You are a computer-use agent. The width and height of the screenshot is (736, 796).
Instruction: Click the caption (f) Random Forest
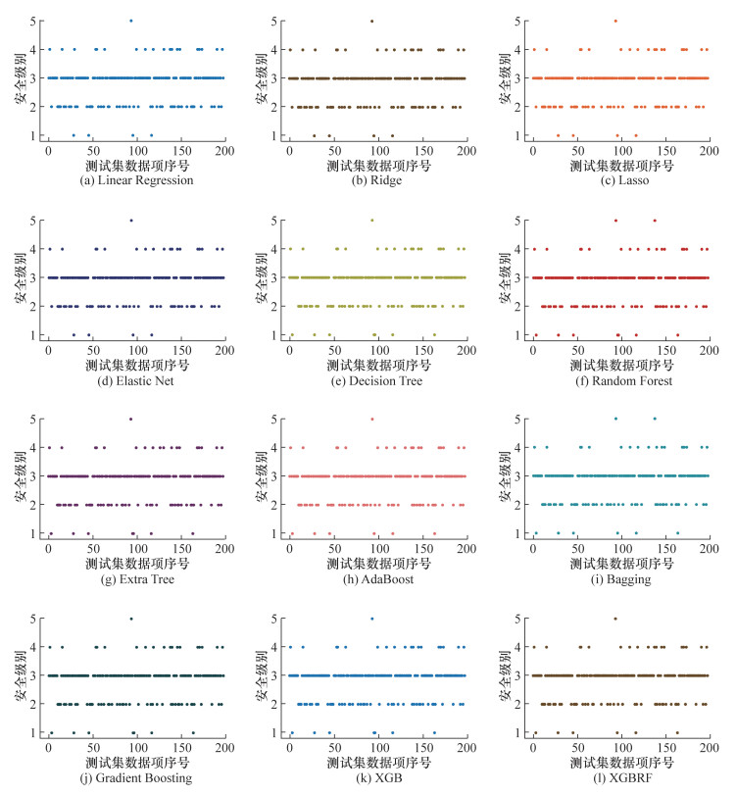(x=618, y=380)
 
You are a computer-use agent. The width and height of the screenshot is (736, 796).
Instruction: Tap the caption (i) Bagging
(x=618, y=579)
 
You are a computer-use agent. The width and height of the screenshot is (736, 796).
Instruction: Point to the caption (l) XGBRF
(x=618, y=779)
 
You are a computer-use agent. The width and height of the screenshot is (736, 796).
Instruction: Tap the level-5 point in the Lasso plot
(x=614, y=21)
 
